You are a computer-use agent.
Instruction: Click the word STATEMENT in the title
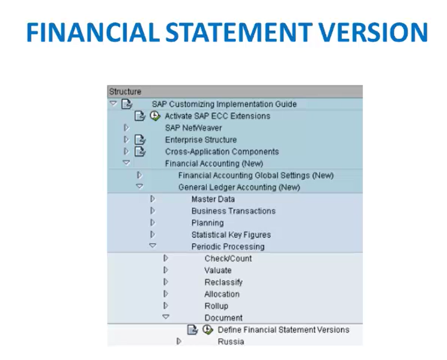point(239,32)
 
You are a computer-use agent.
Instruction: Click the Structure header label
point(125,91)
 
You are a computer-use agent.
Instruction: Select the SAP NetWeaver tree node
point(193,128)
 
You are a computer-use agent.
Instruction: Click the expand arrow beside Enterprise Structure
point(126,139)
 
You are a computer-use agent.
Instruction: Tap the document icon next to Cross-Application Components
point(140,151)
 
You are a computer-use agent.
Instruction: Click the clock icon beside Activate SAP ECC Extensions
point(155,116)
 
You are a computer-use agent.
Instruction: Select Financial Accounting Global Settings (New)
point(256,176)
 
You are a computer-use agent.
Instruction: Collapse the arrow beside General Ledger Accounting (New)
point(139,186)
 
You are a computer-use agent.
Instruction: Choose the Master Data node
point(213,199)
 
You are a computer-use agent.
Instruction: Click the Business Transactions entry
point(233,211)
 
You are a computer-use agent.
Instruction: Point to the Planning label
point(207,223)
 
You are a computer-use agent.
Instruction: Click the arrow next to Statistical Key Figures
point(153,234)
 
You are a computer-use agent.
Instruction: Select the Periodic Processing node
point(228,246)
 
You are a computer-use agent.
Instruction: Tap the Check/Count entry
point(228,259)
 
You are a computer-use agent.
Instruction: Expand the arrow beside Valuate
point(166,270)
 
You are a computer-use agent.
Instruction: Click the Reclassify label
point(224,282)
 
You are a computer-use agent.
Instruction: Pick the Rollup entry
point(216,306)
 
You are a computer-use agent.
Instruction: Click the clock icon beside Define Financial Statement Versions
point(208,330)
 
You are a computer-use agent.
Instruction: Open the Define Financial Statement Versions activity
point(283,330)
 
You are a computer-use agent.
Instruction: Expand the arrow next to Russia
point(179,341)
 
